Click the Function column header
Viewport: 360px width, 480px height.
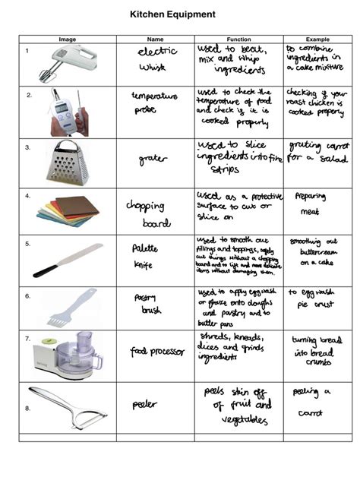click(x=239, y=39)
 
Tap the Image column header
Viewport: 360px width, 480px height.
click(x=68, y=39)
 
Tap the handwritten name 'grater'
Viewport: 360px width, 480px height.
click(x=153, y=159)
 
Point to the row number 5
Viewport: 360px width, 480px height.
click(x=27, y=243)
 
